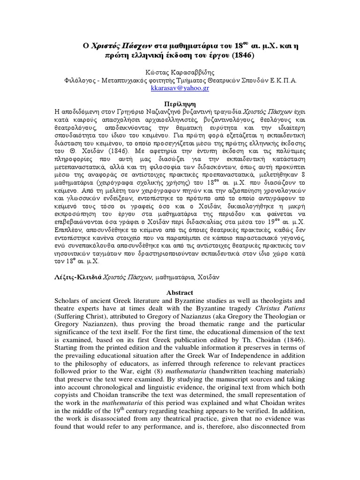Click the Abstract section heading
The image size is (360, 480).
[x=180, y=292]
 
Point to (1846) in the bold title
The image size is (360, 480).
[x=240, y=54]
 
